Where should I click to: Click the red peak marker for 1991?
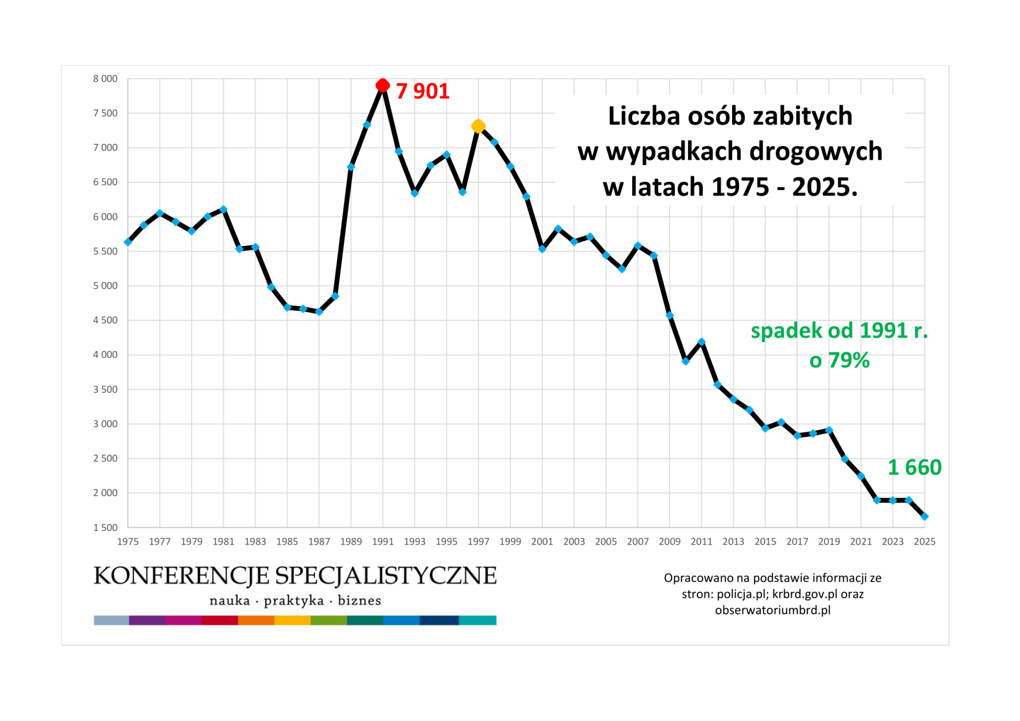click(382, 85)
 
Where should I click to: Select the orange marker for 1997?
click(478, 126)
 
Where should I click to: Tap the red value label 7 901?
click(423, 91)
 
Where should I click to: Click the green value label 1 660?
click(914, 468)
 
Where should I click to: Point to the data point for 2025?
click(924, 517)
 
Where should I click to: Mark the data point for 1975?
click(128, 242)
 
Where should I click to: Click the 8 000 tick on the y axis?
click(105, 79)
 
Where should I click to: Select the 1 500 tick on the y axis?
click(105, 528)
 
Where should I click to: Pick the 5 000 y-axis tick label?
click(105, 286)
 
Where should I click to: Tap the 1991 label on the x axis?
click(382, 542)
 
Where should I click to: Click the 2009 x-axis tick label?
click(669, 542)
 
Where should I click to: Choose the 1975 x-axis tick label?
click(128, 542)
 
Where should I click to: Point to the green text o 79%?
click(839, 360)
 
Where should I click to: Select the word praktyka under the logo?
click(294, 600)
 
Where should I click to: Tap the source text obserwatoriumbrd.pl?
click(772, 610)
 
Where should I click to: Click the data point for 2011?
click(701, 342)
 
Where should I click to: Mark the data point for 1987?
click(319, 312)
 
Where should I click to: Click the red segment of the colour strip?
click(219, 620)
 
